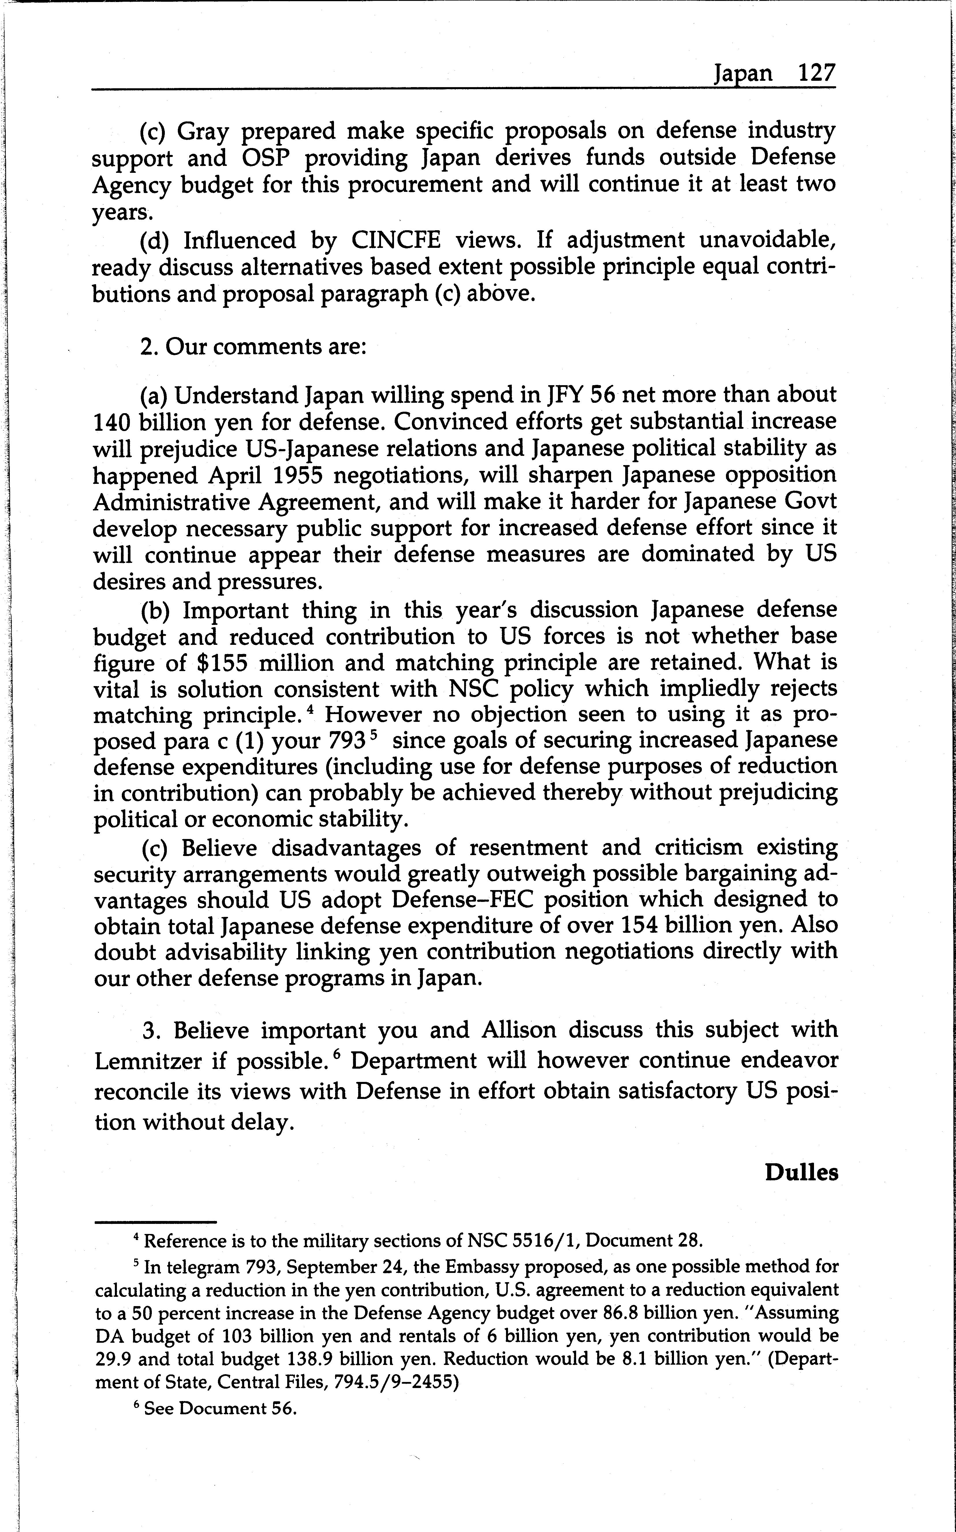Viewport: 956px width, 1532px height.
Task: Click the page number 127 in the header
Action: click(x=816, y=74)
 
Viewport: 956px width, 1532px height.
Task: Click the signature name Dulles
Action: click(x=801, y=1173)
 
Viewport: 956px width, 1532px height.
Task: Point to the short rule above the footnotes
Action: click(x=156, y=1222)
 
